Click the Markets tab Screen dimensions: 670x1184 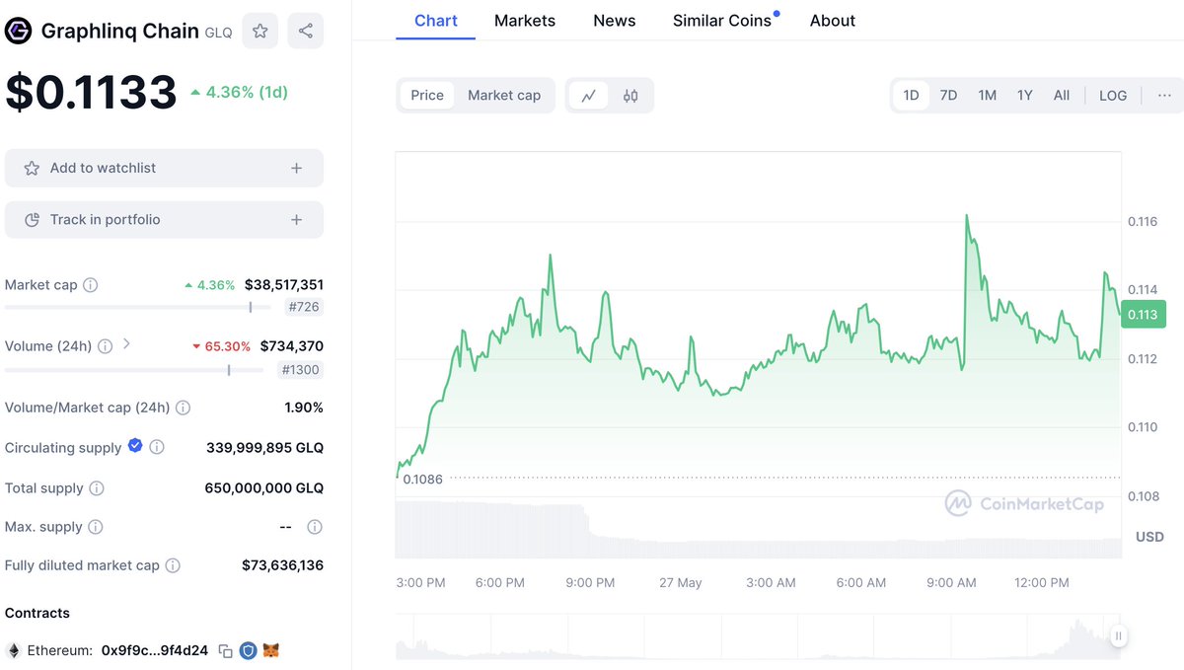524,21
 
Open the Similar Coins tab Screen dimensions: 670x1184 722,21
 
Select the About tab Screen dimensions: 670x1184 832,21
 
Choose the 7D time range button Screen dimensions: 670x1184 948,96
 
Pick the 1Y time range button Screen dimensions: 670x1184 1024,96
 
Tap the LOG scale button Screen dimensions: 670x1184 1112,96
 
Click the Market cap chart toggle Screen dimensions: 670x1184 503,96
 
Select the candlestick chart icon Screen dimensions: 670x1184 630,96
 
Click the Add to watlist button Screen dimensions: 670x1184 164,168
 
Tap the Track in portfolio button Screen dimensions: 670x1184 164,220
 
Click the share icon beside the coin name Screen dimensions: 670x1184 306,31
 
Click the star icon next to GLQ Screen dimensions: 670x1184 259,31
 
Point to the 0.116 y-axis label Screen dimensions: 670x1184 1143,221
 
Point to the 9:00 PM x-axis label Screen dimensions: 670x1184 590,583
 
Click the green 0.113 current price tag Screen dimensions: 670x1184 1143,315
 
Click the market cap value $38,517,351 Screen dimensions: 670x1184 284,285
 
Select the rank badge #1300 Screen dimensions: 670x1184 300,370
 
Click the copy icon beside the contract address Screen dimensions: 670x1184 226,651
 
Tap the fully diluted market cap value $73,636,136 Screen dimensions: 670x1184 282,565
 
